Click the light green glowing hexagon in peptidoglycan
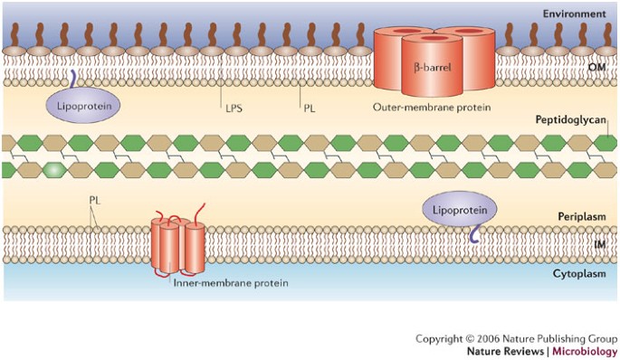click(53, 169)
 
